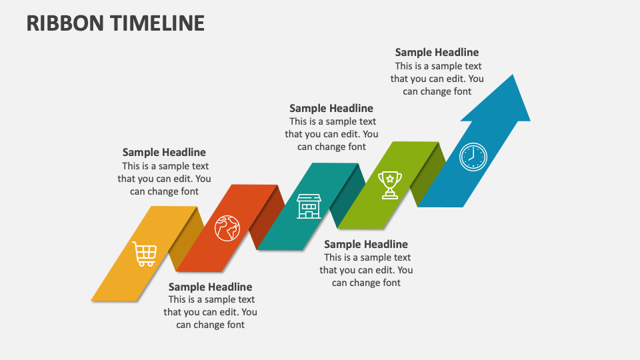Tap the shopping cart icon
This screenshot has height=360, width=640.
[145, 254]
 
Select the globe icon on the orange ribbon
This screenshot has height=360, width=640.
[227, 227]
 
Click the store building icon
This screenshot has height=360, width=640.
[309, 206]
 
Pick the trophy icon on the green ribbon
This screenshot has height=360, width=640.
[389, 185]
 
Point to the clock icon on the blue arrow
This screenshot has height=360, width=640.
[473, 157]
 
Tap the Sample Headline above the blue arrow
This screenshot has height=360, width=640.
[437, 52]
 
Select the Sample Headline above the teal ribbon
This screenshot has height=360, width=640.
[331, 108]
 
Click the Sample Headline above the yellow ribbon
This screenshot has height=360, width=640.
[164, 153]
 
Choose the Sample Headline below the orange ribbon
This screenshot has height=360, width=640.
[210, 287]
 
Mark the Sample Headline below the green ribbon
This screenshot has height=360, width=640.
[366, 245]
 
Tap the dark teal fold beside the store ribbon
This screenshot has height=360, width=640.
[347, 196]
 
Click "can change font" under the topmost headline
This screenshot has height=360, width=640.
[437, 91]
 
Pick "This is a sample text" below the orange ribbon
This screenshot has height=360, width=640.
[211, 299]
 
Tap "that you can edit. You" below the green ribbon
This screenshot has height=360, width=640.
[366, 270]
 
